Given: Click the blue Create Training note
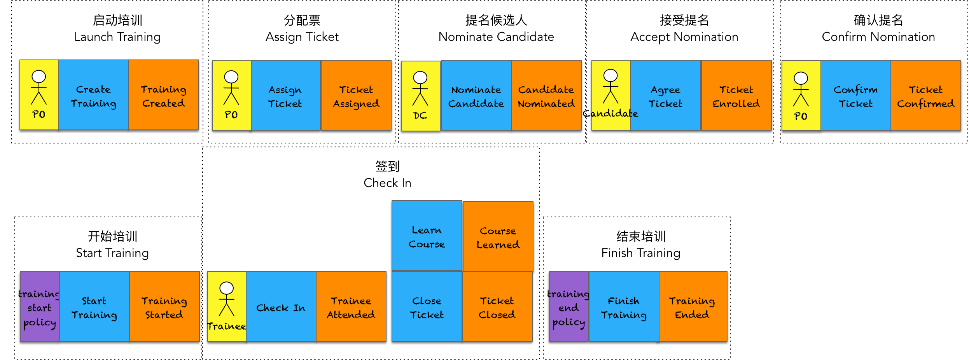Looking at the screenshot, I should pyautogui.click(x=93, y=95).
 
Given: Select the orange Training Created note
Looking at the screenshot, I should pyautogui.click(x=163, y=95).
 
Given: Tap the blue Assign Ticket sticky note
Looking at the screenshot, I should pyautogui.click(x=285, y=96).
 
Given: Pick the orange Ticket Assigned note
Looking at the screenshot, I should pyautogui.click(x=356, y=96).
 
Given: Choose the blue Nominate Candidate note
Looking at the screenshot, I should pyautogui.click(x=476, y=96).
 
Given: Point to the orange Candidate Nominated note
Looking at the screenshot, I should pyautogui.click(x=546, y=96).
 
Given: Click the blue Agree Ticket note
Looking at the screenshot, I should pyautogui.click(x=665, y=96).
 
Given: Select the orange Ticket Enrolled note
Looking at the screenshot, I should pyautogui.click(x=736, y=96).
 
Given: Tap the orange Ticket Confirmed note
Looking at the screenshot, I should pyautogui.click(x=925, y=96).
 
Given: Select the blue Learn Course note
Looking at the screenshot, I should pyautogui.click(x=427, y=236).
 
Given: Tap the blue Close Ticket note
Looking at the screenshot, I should pyautogui.click(x=427, y=307).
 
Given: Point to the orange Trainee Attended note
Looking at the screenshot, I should pyautogui.click(x=351, y=307).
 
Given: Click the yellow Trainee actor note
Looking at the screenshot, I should pyautogui.click(x=227, y=307).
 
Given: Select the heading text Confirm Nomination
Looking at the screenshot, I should pyautogui.click(x=878, y=37).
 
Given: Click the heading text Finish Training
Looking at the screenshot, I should pyautogui.click(x=640, y=253).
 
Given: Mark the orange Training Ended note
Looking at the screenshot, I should pyautogui.click(x=692, y=307).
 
